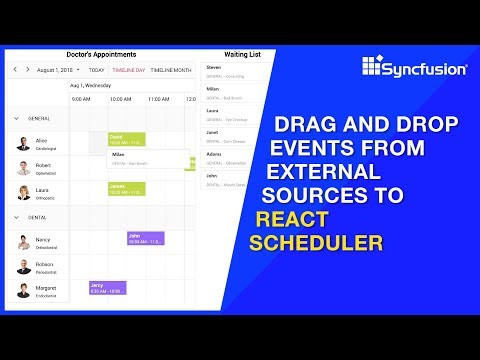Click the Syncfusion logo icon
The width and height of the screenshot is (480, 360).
372,67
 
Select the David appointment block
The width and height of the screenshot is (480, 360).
127,138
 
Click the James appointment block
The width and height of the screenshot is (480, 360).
127,189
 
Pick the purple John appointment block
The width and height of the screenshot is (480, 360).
145,238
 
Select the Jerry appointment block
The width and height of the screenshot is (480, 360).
107,288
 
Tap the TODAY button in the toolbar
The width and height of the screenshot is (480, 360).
96,71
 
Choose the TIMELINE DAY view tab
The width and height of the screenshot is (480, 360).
129,71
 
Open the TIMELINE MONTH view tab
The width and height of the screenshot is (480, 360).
172,71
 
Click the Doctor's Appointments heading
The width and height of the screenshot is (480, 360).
100,54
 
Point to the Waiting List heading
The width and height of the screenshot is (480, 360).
243,54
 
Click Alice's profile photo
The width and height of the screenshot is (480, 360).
22,143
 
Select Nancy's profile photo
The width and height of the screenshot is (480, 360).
22,243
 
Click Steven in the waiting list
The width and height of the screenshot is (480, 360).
215,68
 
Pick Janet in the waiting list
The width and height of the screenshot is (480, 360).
214,132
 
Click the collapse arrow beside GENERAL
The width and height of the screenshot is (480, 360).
16,118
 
